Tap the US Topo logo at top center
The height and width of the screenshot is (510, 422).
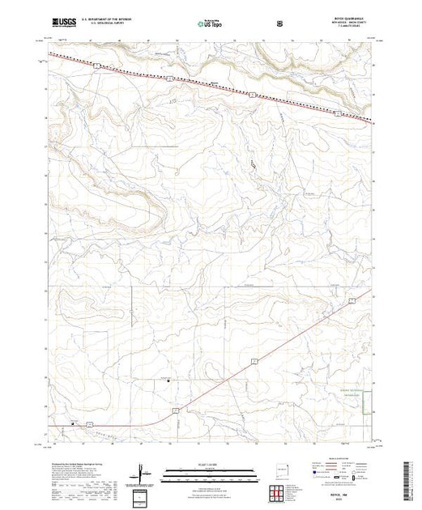pos(211,23)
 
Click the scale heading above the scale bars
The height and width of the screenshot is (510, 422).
pos(210,465)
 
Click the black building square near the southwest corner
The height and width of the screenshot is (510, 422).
pos(75,421)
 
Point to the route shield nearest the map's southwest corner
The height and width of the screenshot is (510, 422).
pos(92,422)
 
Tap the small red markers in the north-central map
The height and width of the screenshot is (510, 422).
pos(251,166)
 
